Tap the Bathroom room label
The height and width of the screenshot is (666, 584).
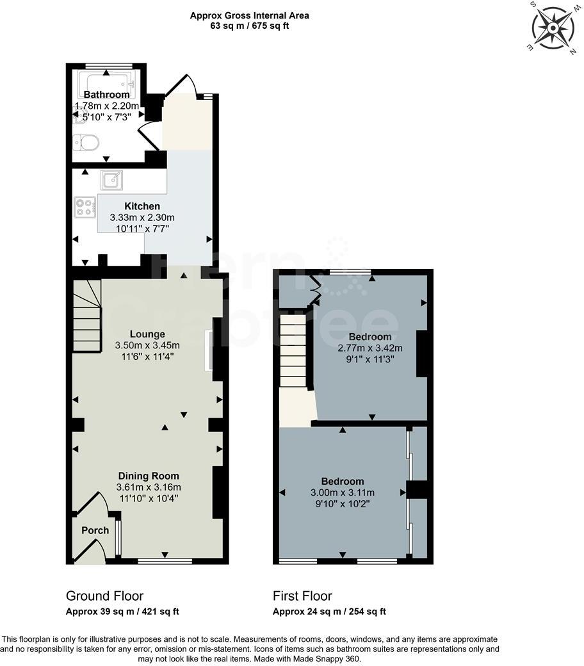pos(106,95)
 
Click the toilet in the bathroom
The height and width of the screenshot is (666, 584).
pos(86,142)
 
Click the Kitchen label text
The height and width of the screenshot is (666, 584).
pos(142,206)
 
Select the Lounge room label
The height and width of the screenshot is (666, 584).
pos(147,334)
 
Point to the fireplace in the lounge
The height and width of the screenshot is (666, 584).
pos(207,350)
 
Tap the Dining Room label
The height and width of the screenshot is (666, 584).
pos(148,476)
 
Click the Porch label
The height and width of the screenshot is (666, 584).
pos(95,530)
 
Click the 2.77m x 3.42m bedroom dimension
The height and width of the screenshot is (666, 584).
pos(369,348)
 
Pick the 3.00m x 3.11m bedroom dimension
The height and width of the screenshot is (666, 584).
pos(342,492)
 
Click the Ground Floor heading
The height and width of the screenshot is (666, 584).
pos(104,596)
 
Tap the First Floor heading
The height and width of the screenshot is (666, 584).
pos(302,596)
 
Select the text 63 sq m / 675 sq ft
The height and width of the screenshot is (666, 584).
pos(249,26)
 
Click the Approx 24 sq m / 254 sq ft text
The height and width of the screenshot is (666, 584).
pos(329,612)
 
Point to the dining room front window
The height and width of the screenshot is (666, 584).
pos(165,561)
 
